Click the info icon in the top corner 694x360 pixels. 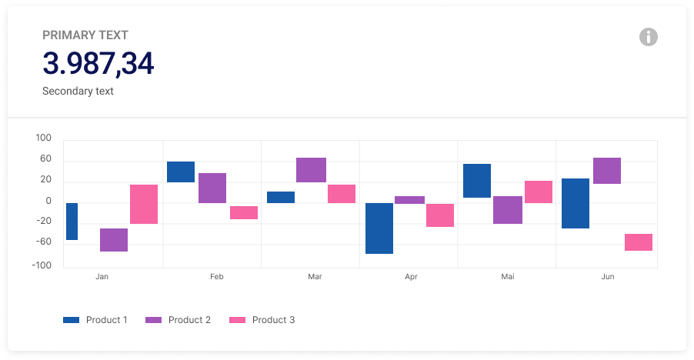coord(649,36)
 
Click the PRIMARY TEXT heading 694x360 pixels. coord(85,35)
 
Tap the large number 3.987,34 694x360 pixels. coord(98,64)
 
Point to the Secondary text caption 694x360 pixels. coord(78,91)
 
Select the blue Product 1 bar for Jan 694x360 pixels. coord(72,222)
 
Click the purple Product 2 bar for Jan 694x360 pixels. coord(114,240)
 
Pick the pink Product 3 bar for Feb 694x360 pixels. coord(244,213)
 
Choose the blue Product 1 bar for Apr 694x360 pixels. coord(379,228)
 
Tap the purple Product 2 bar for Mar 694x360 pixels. coord(311,170)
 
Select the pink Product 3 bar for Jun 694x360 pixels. coord(639,242)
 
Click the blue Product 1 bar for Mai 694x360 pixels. coord(477,181)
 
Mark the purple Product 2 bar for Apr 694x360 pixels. coord(409,200)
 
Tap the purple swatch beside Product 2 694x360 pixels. coord(154,320)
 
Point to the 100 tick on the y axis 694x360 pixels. coord(43,138)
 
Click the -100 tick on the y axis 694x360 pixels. coord(42,265)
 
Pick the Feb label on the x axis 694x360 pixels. coord(217,276)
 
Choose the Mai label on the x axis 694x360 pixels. coord(508,276)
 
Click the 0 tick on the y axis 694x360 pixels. coord(48,202)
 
